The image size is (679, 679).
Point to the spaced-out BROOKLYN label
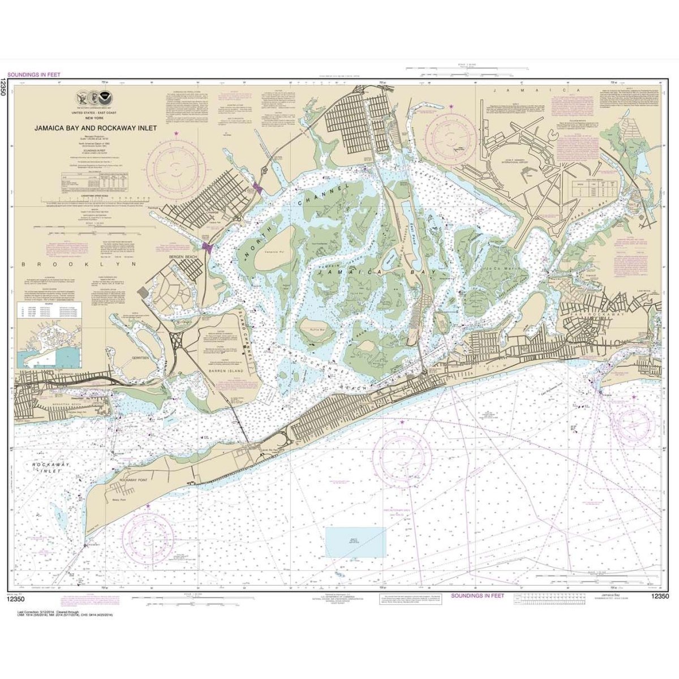click(79, 264)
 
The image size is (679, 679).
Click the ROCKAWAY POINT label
click(133, 480)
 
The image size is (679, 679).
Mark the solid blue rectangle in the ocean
click(355, 542)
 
